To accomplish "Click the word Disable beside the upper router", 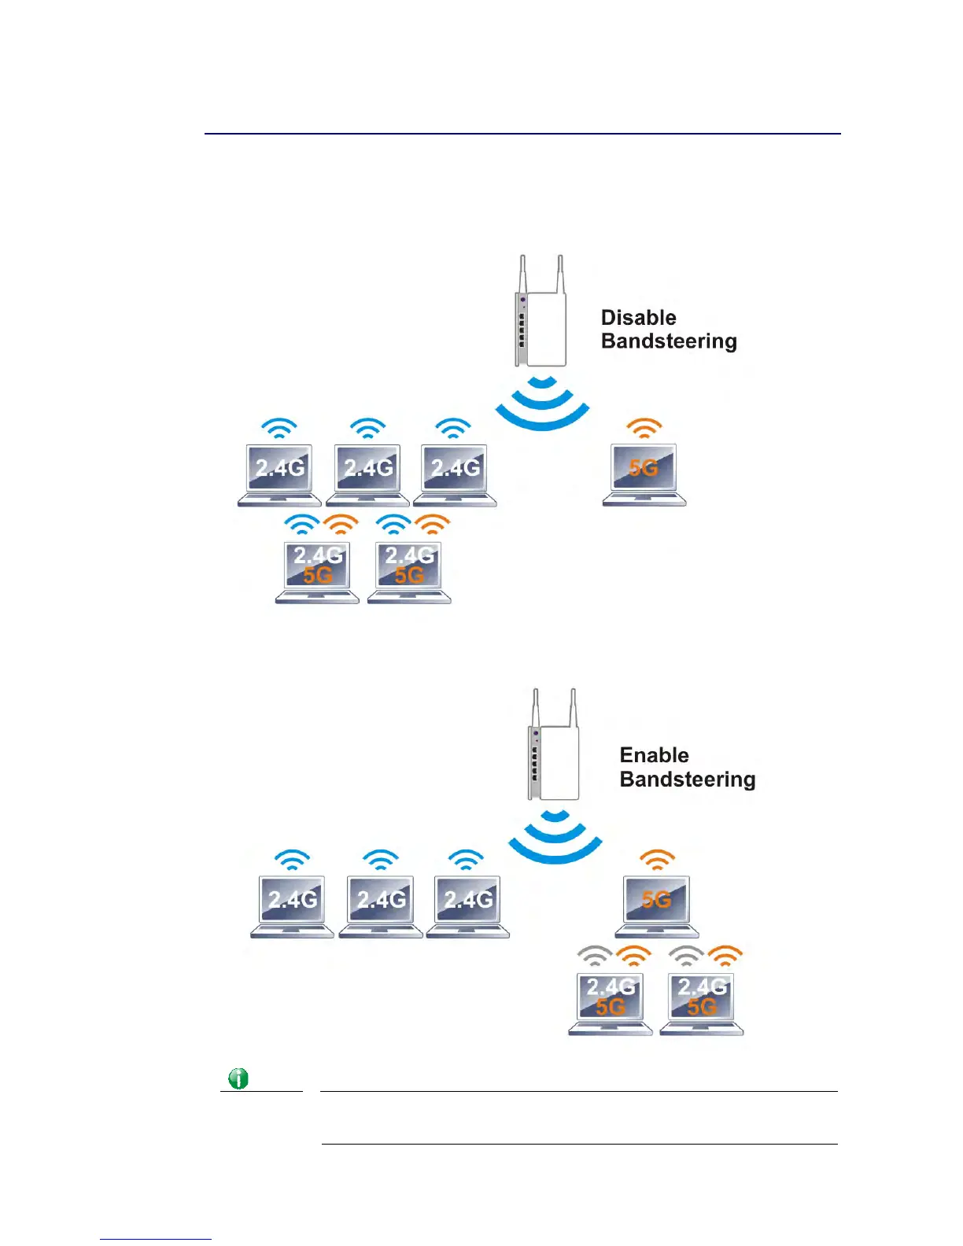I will tap(638, 318).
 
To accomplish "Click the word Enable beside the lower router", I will tap(654, 755).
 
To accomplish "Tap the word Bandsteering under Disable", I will tap(669, 341).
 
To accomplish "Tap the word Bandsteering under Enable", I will tap(688, 780).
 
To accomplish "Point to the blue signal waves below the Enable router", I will tap(555, 837).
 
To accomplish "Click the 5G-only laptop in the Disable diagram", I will tap(644, 474).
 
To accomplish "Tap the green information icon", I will tap(238, 1078).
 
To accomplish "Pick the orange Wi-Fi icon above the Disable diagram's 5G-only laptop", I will tap(644, 428).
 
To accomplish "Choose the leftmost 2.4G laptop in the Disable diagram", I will tap(280, 474).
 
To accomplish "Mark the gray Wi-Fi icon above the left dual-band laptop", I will tap(596, 956).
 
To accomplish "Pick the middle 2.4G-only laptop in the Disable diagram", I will tap(367, 474).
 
